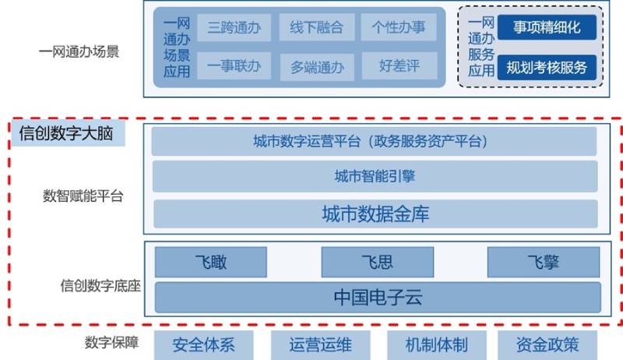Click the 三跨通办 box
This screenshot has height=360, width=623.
tap(234, 29)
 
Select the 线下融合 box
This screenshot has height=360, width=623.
tap(317, 29)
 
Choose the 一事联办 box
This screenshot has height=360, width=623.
tap(234, 66)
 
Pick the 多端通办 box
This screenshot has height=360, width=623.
tap(317, 66)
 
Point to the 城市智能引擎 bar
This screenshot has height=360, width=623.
tap(374, 176)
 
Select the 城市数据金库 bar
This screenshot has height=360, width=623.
tap(374, 214)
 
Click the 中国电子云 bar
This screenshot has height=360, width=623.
tap(378, 297)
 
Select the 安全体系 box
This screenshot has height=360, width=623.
tap(204, 344)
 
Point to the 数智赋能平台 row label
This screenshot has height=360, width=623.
tap(83, 196)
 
